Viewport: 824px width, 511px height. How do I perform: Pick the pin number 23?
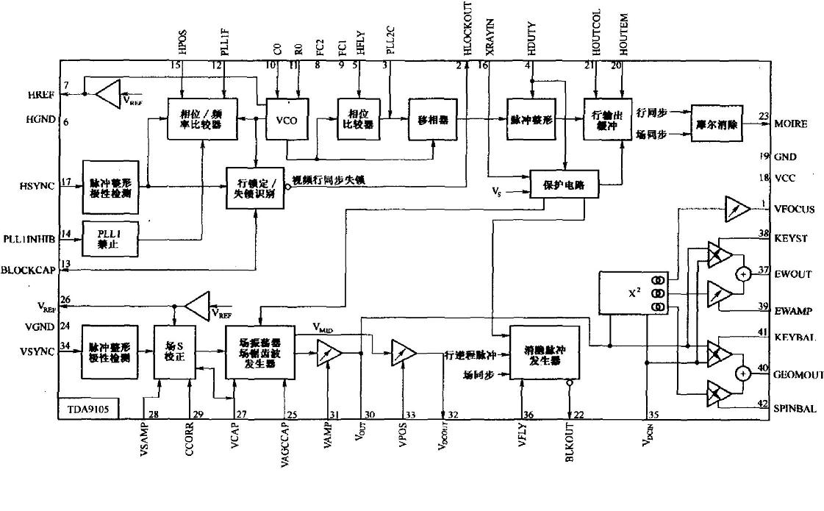pos(764,115)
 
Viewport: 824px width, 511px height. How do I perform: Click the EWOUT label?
pos(793,274)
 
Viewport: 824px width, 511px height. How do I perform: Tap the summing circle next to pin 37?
pos(743,274)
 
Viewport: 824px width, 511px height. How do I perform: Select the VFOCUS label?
pos(795,209)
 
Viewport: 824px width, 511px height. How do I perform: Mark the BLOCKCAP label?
pos(28,269)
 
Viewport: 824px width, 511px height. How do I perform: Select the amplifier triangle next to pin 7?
pos(108,94)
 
